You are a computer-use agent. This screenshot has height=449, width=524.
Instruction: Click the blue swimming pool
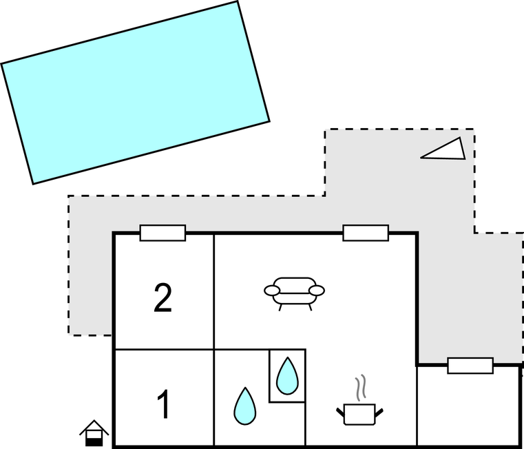tap(135, 92)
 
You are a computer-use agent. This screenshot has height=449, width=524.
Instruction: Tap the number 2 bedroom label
tap(163, 298)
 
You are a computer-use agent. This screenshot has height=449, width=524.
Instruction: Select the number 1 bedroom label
tap(163, 404)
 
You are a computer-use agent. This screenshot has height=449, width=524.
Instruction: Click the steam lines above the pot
tap(359, 388)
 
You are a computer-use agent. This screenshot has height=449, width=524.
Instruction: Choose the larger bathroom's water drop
tap(244, 406)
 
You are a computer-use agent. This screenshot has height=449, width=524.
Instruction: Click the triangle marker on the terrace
tap(444, 149)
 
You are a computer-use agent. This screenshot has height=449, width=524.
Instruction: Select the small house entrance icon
tap(94, 433)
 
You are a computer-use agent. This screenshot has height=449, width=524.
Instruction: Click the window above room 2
tap(163, 233)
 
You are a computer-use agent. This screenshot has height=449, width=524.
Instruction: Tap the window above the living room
tap(366, 233)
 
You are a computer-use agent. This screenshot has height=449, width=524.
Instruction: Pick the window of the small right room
tap(470, 366)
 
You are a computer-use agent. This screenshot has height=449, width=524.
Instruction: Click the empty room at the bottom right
tap(468, 410)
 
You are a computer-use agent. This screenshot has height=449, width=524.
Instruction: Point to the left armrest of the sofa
tap(273, 291)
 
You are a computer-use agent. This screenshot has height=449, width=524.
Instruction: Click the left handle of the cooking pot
tap(339, 411)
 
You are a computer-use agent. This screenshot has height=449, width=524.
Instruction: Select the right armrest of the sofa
tap(317, 291)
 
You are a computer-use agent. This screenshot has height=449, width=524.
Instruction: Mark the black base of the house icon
tap(94, 441)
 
